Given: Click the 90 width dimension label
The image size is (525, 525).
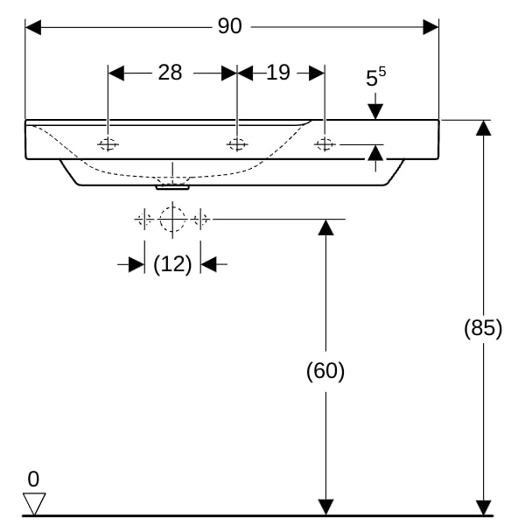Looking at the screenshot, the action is pos(229,26).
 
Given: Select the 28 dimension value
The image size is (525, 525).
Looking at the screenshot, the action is pos(170,73).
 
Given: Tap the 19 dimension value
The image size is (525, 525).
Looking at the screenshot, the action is pos(278,73).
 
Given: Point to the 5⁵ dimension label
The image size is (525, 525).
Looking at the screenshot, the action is pos(375,77).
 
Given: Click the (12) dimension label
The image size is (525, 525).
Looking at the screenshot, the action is pos(172,264).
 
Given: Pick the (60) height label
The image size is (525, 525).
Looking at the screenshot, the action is pos(325,371).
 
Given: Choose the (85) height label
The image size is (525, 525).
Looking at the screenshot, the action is pos(483,328).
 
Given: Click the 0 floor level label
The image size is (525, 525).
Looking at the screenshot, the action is pos(33,479).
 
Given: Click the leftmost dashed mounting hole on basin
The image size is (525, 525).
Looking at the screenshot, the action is pos(108,144).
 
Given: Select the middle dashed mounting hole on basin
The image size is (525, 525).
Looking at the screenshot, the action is pos(237,144).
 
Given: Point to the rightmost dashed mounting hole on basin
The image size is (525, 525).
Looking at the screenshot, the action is pos(325,144).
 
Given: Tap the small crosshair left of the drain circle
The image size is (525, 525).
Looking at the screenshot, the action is pos(144,220).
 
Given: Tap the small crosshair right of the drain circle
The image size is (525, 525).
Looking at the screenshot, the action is pos(200,220).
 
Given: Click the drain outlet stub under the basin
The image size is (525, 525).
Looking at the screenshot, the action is pos(172,187).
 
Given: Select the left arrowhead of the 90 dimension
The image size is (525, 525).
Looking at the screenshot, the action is pos(33,27).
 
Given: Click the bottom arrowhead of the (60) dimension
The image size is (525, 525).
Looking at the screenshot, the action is pos(325,507).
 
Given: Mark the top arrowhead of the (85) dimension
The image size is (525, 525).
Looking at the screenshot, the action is pos(484,128).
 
